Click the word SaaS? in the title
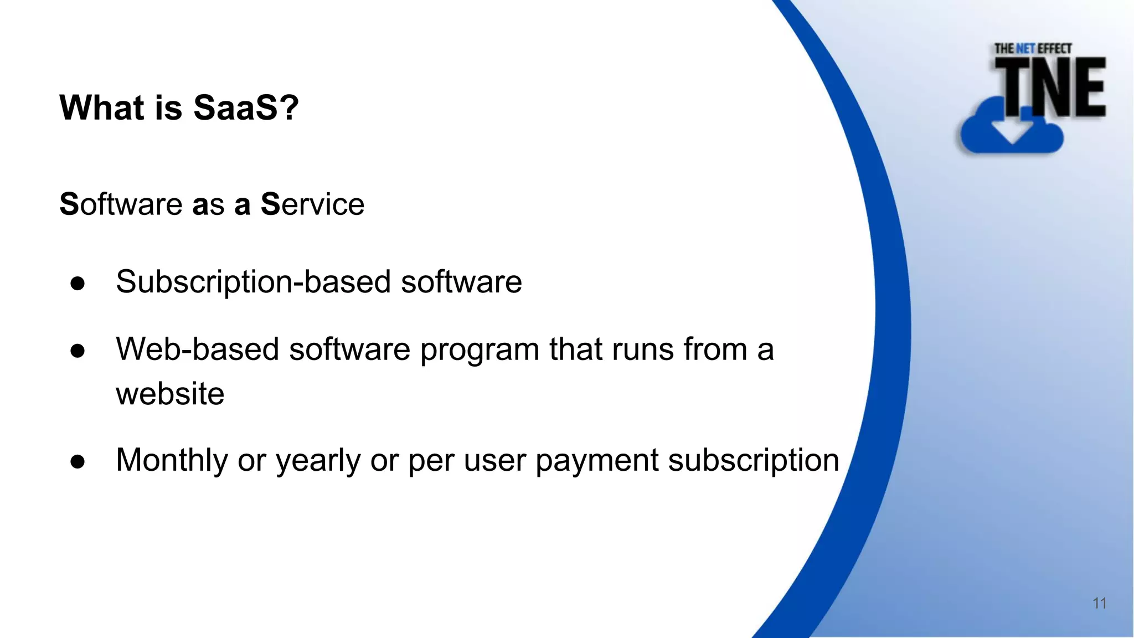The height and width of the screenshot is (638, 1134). point(246,107)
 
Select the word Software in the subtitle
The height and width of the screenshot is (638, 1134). point(121,204)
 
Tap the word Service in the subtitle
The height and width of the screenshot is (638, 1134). point(312,204)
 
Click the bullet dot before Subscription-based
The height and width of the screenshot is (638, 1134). point(78,283)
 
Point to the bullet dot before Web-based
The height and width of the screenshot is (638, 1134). point(78,351)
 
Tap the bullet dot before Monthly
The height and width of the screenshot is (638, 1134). point(78,461)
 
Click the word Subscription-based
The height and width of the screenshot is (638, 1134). point(254,282)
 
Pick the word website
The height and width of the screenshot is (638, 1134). point(170,394)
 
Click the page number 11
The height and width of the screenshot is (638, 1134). point(1099,603)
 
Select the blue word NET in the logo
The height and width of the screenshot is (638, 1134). point(1025,49)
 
